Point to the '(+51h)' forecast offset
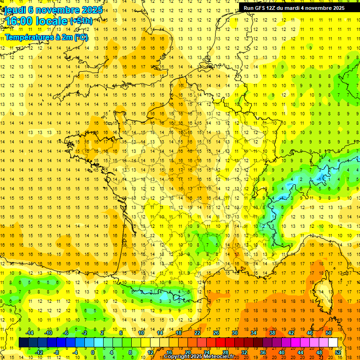pos(81,21)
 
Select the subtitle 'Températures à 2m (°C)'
pos(46,37)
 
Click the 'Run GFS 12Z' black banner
pos(294,7)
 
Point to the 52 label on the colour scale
pos(338,352)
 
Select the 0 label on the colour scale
pos(93,352)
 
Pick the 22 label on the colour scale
pos(197,333)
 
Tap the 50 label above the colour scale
pos(329,333)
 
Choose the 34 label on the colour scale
pos(254,333)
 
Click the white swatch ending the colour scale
pos(333,343)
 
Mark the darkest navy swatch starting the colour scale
pos(23,343)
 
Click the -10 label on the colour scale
pos(48,333)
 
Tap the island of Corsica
pos(321,289)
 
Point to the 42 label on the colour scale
pos(291,333)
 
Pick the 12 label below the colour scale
pos(150,352)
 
